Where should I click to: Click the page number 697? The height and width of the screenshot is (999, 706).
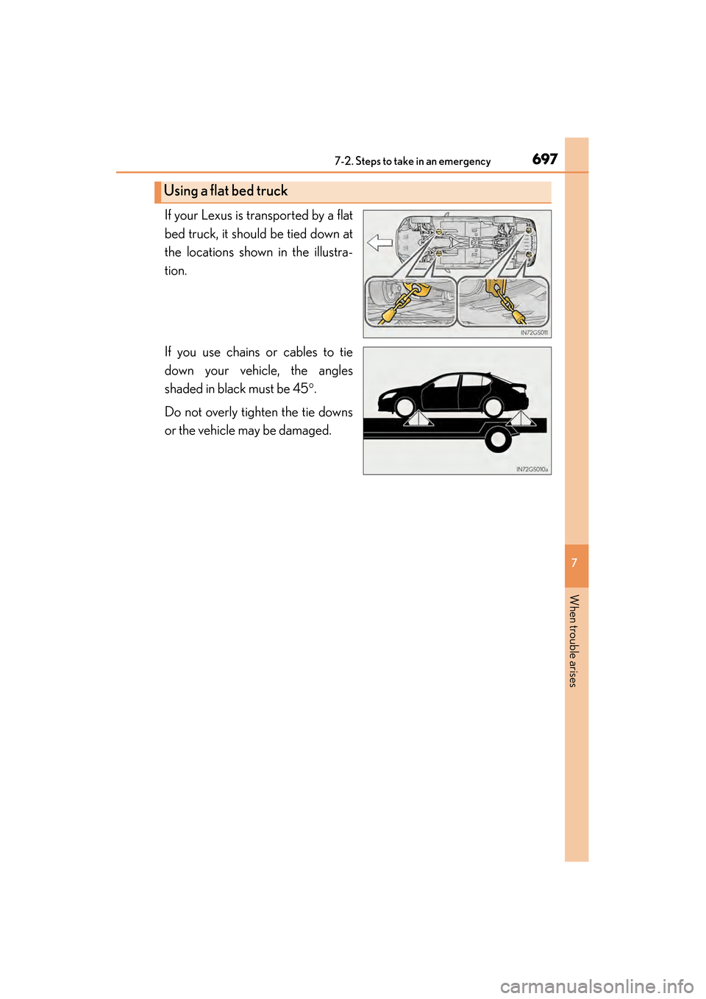[x=544, y=159]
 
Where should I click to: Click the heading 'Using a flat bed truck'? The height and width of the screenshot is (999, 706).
[x=226, y=191]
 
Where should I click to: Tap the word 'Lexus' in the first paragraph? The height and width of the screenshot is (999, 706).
[x=216, y=216]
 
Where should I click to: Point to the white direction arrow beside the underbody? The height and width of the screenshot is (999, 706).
[x=379, y=243]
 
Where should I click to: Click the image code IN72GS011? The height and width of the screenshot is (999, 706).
[x=534, y=333]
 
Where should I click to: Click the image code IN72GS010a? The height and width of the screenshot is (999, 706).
[x=532, y=469]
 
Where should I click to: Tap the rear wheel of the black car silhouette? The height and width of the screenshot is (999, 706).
[x=493, y=407]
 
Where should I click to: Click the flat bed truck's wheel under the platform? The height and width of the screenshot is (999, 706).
[x=498, y=440]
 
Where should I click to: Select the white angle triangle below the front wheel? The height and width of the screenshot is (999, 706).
[x=417, y=419]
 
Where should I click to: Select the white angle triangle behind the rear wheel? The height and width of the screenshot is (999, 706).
[x=520, y=419]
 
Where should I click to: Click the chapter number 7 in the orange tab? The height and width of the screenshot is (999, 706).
[x=575, y=563]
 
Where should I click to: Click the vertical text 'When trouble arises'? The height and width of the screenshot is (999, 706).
[x=574, y=641]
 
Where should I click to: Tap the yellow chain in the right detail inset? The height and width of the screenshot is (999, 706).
[x=504, y=302]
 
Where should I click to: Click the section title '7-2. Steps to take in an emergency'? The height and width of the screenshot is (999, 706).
[x=412, y=161]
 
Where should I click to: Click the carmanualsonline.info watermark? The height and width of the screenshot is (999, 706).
[x=596, y=986]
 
